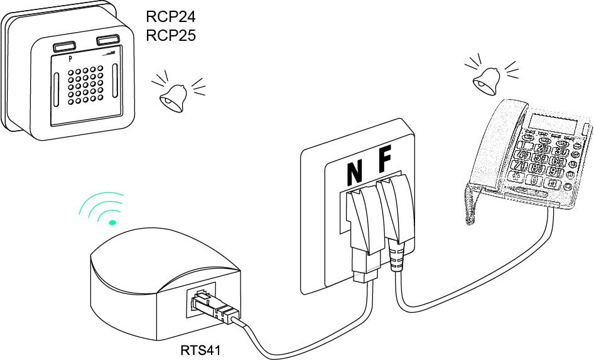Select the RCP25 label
click(x=171, y=35)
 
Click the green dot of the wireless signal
click(x=112, y=222)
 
